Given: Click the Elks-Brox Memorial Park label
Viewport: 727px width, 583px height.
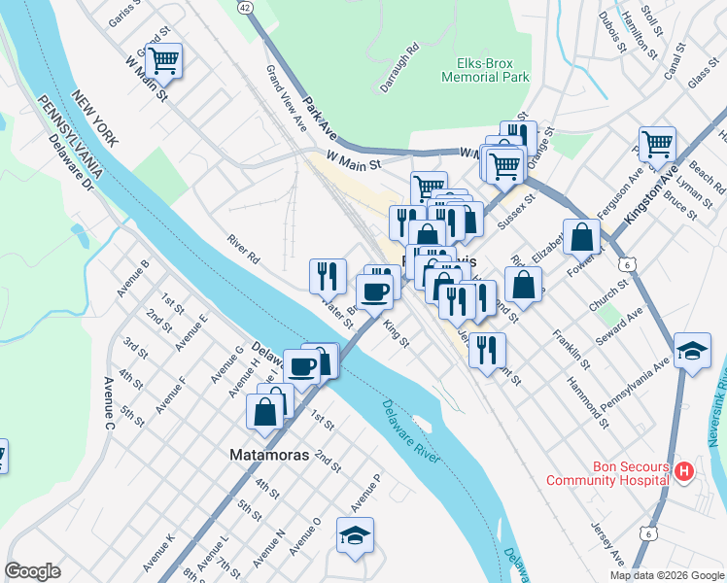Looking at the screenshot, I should point(486,70).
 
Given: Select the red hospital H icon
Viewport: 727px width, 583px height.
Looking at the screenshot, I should point(685,472).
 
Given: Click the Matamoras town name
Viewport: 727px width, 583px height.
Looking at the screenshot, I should point(268,455).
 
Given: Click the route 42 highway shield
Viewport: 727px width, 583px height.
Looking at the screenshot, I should point(244,7).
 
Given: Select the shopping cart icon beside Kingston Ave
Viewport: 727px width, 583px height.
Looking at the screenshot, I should point(658,144).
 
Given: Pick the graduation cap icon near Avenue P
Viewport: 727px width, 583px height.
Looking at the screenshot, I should point(355,534).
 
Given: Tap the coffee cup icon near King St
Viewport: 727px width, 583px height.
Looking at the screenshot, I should point(374,290).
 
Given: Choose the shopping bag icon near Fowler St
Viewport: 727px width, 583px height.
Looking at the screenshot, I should point(581,235).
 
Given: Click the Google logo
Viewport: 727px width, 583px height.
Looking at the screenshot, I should point(32,571).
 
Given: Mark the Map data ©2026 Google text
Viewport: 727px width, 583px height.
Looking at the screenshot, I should point(666,575).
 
